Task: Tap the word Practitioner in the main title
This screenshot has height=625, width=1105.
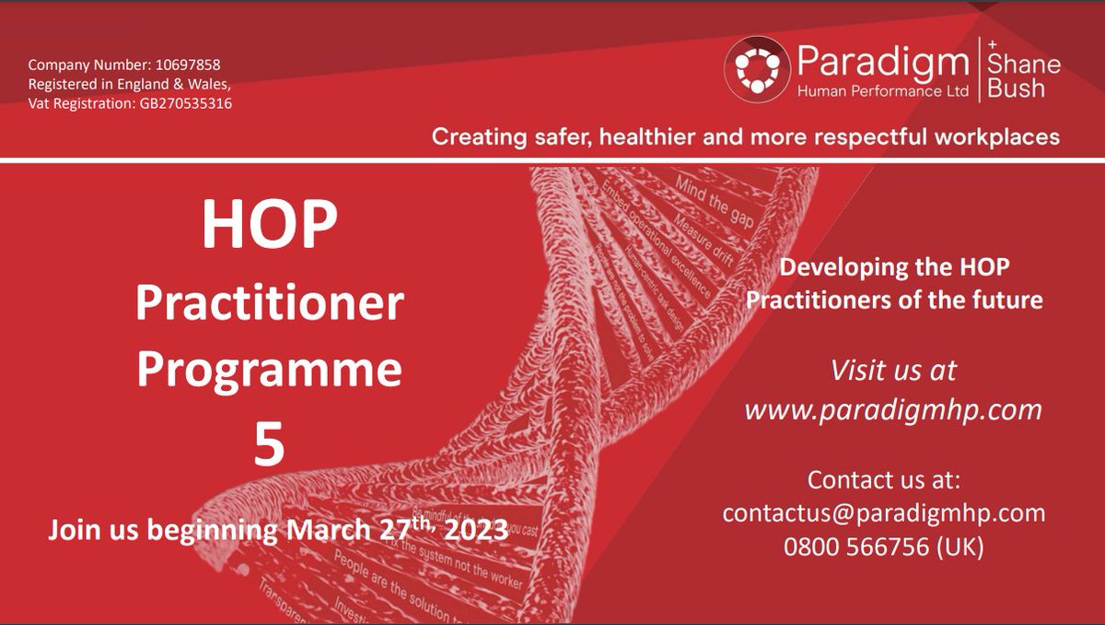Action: coord(269,303)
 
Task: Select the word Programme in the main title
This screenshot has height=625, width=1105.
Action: coord(269,371)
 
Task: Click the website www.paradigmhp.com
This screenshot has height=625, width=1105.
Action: coord(893,409)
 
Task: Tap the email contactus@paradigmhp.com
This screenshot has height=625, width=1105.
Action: coord(884,513)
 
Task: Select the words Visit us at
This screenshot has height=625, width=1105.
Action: coord(893,371)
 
